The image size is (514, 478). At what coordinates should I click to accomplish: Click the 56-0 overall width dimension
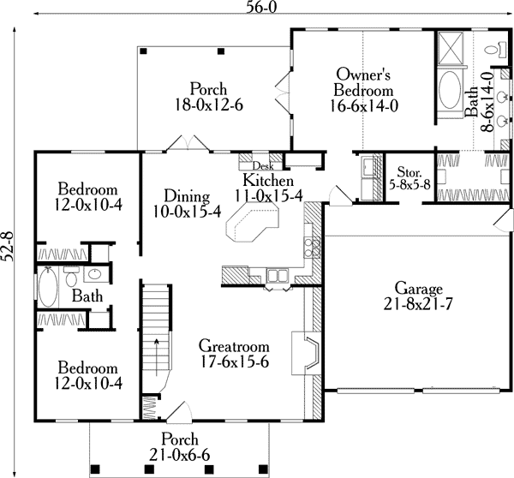[261, 8]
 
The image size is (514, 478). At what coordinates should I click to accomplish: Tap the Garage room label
[419, 289]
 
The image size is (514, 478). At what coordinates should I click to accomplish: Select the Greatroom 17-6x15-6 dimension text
[234, 362]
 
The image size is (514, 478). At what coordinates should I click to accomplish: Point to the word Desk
[263, 166]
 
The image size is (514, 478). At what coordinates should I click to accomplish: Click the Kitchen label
[268, 180]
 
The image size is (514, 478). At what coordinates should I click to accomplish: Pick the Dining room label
[187, 196]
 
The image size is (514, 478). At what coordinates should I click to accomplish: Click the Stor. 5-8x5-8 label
[409, 178]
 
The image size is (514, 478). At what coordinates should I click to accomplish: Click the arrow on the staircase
[157, 357]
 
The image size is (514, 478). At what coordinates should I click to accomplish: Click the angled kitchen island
[253, 221]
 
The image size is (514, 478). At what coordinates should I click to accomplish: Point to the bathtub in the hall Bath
[48, 287]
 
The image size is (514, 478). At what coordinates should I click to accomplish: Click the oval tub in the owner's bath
[449, 90]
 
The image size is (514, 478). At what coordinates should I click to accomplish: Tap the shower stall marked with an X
[451, 47]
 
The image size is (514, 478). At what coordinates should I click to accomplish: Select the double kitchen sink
[277, 275]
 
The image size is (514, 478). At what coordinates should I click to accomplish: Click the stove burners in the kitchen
[312, 248]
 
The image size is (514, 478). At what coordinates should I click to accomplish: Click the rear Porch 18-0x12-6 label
[209, 97]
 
